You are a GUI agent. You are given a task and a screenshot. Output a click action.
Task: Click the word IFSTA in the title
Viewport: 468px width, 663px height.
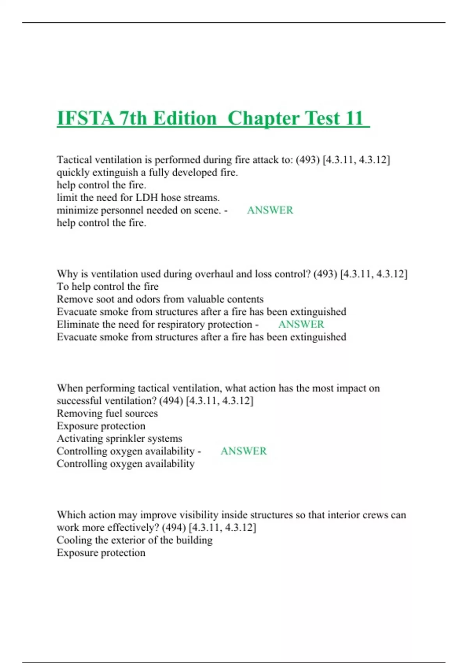[85, 118]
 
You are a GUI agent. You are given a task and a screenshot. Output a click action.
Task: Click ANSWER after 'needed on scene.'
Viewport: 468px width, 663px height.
[270, 210]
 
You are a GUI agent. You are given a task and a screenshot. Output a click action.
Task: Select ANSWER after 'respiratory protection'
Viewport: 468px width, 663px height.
[301, 324]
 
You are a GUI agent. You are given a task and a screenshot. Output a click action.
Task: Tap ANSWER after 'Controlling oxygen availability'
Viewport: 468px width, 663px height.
[243, 451]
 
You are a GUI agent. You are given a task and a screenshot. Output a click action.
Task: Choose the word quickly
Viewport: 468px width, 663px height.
[72, 173]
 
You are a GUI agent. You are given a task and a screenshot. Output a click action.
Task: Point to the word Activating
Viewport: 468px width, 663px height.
[80, 439]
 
